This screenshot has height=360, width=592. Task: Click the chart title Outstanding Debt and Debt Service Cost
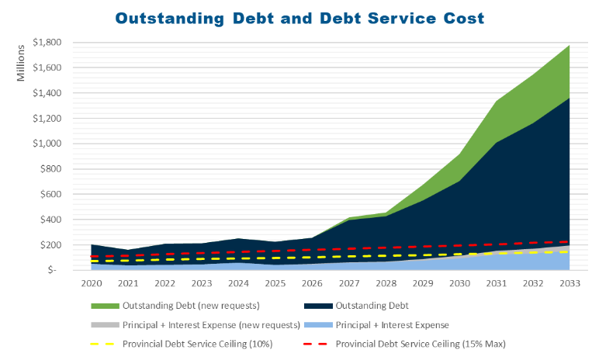click(299, 16)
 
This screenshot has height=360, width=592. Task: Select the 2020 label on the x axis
click(92, 284)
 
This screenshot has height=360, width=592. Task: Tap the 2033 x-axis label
click(569, 284)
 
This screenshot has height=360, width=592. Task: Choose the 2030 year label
click(459, 284)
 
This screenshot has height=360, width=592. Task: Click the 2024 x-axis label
click(239, 284)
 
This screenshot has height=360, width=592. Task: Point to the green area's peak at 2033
click(569, 46)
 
